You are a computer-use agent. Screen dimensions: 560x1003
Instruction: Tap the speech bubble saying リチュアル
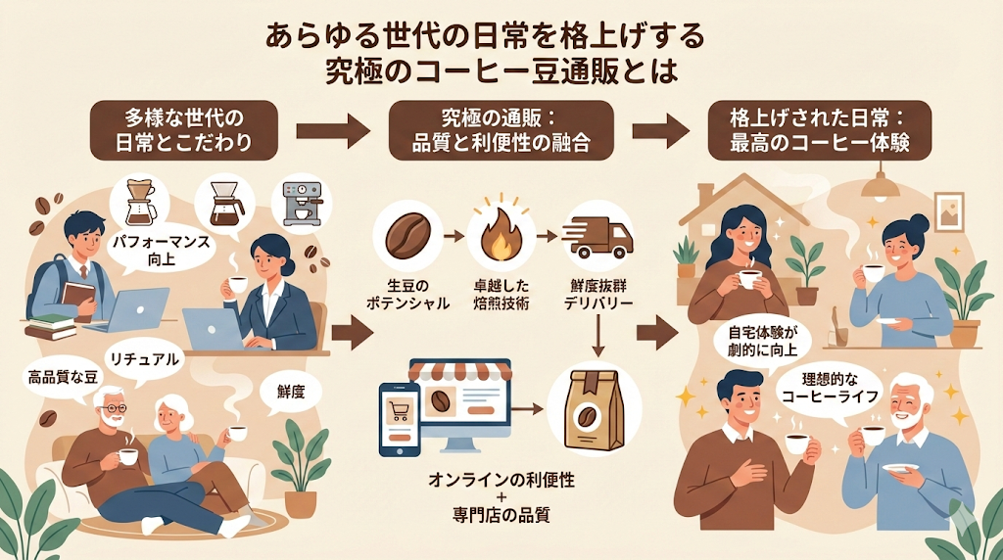coord(147,358)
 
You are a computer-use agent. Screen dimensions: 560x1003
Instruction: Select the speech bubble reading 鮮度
coord(291,394)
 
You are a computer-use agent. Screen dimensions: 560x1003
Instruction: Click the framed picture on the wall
coord(949,210)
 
